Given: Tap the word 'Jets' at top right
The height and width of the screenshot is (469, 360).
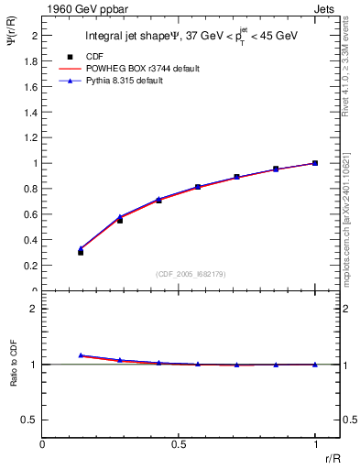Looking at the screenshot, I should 327,8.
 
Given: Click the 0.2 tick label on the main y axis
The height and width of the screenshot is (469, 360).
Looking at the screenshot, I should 31,266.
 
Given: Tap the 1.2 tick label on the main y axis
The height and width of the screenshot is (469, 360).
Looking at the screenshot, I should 31,137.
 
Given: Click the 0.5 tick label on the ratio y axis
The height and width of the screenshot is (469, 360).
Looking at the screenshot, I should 31,420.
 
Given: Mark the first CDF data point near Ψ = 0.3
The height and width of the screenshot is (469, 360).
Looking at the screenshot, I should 81,252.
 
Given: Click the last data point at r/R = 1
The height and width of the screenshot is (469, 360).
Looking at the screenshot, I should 315,163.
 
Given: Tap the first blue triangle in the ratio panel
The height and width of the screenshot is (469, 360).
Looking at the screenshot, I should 81,354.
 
